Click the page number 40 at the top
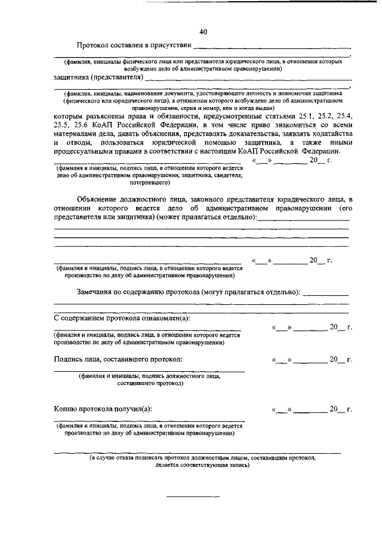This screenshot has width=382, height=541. point(203,32)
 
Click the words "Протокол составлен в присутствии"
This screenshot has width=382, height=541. point(134,46)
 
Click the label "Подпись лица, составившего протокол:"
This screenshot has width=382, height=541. point(118,359)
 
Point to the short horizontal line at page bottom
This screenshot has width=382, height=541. point(192,497)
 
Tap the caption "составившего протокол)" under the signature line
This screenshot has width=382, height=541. point(150,383)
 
